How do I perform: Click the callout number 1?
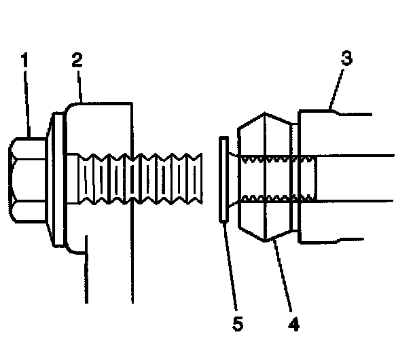pos(25,60)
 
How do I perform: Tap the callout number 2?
pos(77,60)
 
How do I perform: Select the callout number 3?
pos(346,59)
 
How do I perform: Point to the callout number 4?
pos(293,324)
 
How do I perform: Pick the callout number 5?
pos(236,324)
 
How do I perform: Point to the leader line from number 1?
pos(29,102)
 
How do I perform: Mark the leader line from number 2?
pos(81,85)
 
